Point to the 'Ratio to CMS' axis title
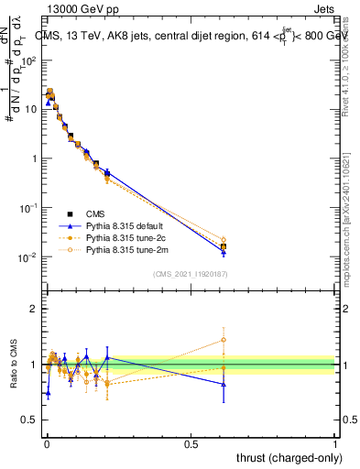point(13,365)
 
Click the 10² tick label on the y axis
point(29,60)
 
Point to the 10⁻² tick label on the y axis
point(29,257)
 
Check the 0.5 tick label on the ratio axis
point(29,420)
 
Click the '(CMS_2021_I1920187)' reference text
point(191,273)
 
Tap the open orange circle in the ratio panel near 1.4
point(224,340)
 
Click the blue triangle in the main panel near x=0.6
point(224,252)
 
